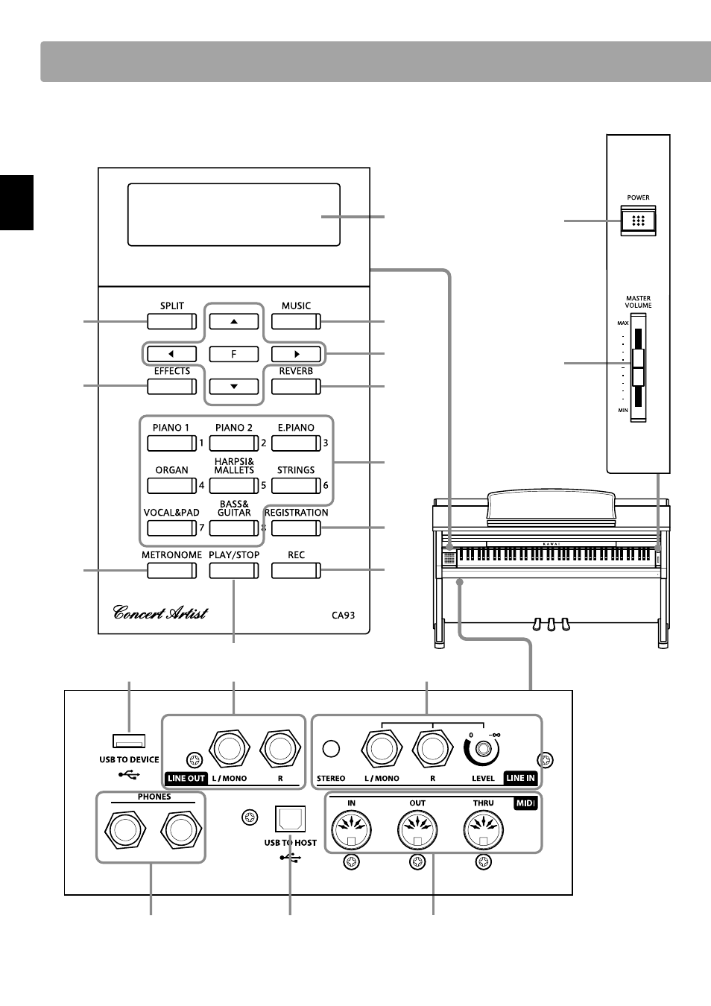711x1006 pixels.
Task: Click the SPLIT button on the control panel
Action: (171, 322)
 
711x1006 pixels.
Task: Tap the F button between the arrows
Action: (233, 354)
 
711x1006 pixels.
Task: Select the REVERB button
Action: (296, 387)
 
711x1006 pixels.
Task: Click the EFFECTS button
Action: (171, 387)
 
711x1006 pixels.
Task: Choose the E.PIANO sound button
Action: (296, 443)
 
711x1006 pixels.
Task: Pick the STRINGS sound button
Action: (296, 486)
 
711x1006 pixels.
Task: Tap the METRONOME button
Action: (171, 571)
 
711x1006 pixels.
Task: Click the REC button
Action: (296, 571)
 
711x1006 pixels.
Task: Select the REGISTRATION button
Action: (296, 528)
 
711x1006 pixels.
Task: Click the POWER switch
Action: (638, 221)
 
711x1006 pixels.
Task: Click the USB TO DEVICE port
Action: (129, 741)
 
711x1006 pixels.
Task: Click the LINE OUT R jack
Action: (280, 749)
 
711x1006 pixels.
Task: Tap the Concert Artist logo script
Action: (160, 613)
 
